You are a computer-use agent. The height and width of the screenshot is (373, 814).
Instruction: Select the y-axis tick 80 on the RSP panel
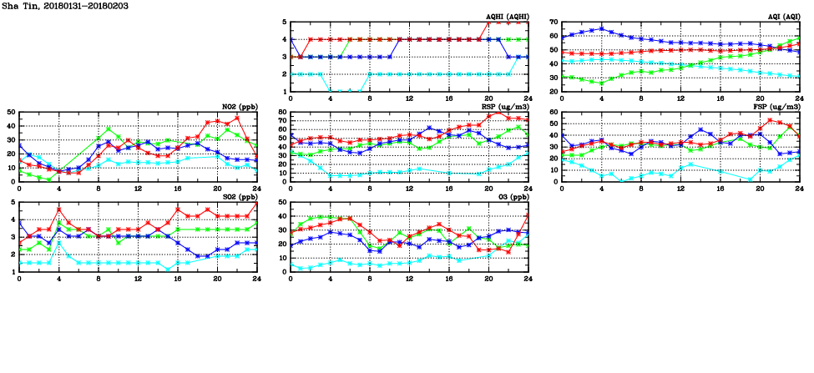tap(282, 112)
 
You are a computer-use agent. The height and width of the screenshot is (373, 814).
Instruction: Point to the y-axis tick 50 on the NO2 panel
tap(10, 112)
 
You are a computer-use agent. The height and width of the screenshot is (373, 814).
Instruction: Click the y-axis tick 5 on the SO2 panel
tap(13, 202)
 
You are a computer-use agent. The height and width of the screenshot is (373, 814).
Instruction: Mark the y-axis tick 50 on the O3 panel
tap(282, 202)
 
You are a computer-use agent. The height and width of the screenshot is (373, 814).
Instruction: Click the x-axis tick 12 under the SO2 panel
tap(138, 278)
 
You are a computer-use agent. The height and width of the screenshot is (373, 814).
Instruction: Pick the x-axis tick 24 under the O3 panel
tap(528, 278)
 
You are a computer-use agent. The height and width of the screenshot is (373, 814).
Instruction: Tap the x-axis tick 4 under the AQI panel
tap(601, 98)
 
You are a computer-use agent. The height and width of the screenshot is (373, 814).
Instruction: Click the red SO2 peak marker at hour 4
tap(58, 209)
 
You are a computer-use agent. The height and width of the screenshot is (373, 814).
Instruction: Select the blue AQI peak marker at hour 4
tap(601, 28)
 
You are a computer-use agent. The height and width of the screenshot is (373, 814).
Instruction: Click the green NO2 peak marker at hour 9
tap(109, 129)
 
